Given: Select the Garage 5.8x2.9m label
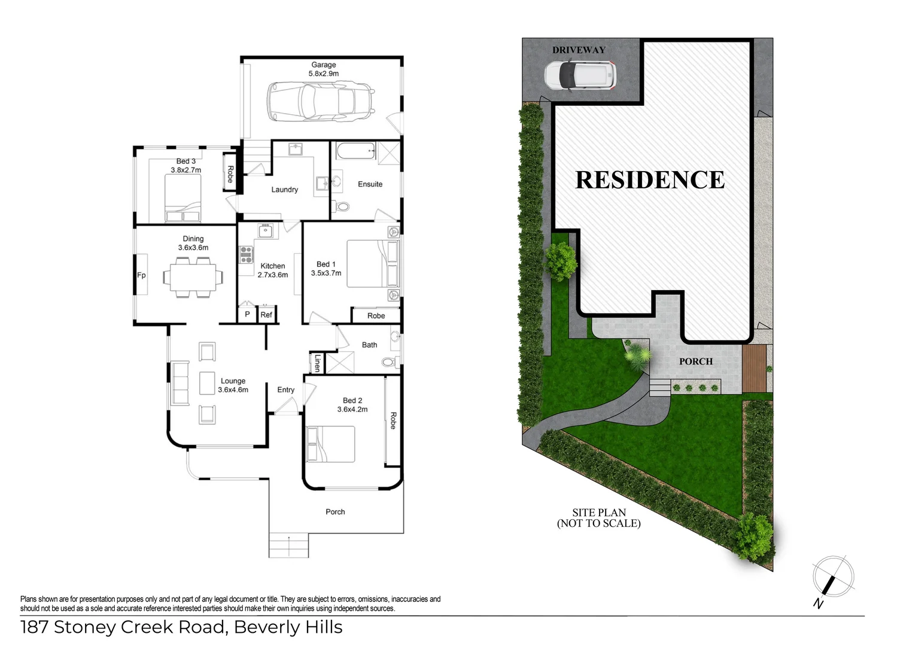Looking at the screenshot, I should tap(323, 69).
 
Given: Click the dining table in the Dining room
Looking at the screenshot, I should tap(193, 277).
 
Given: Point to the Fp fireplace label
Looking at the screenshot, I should tap(141, 275).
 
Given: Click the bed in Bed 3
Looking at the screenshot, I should tap(183, 202).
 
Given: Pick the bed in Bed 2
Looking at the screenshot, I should tap(330, 444).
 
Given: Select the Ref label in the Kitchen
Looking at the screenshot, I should tap(266, 315).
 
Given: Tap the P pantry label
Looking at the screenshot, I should tap(247, 314).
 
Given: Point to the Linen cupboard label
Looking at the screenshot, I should tap(317, 363).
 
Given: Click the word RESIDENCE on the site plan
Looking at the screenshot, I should tap(650, 180).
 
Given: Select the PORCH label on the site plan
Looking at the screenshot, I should tap(695, 361).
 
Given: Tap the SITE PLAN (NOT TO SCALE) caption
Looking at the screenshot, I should tap(598, 518).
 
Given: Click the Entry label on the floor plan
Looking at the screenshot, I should tap(285, 389).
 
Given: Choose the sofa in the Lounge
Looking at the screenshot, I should tap(180, 383).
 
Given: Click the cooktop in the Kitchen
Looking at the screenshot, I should tap(247, 255).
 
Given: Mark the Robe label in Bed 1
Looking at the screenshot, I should tap(376, 315).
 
